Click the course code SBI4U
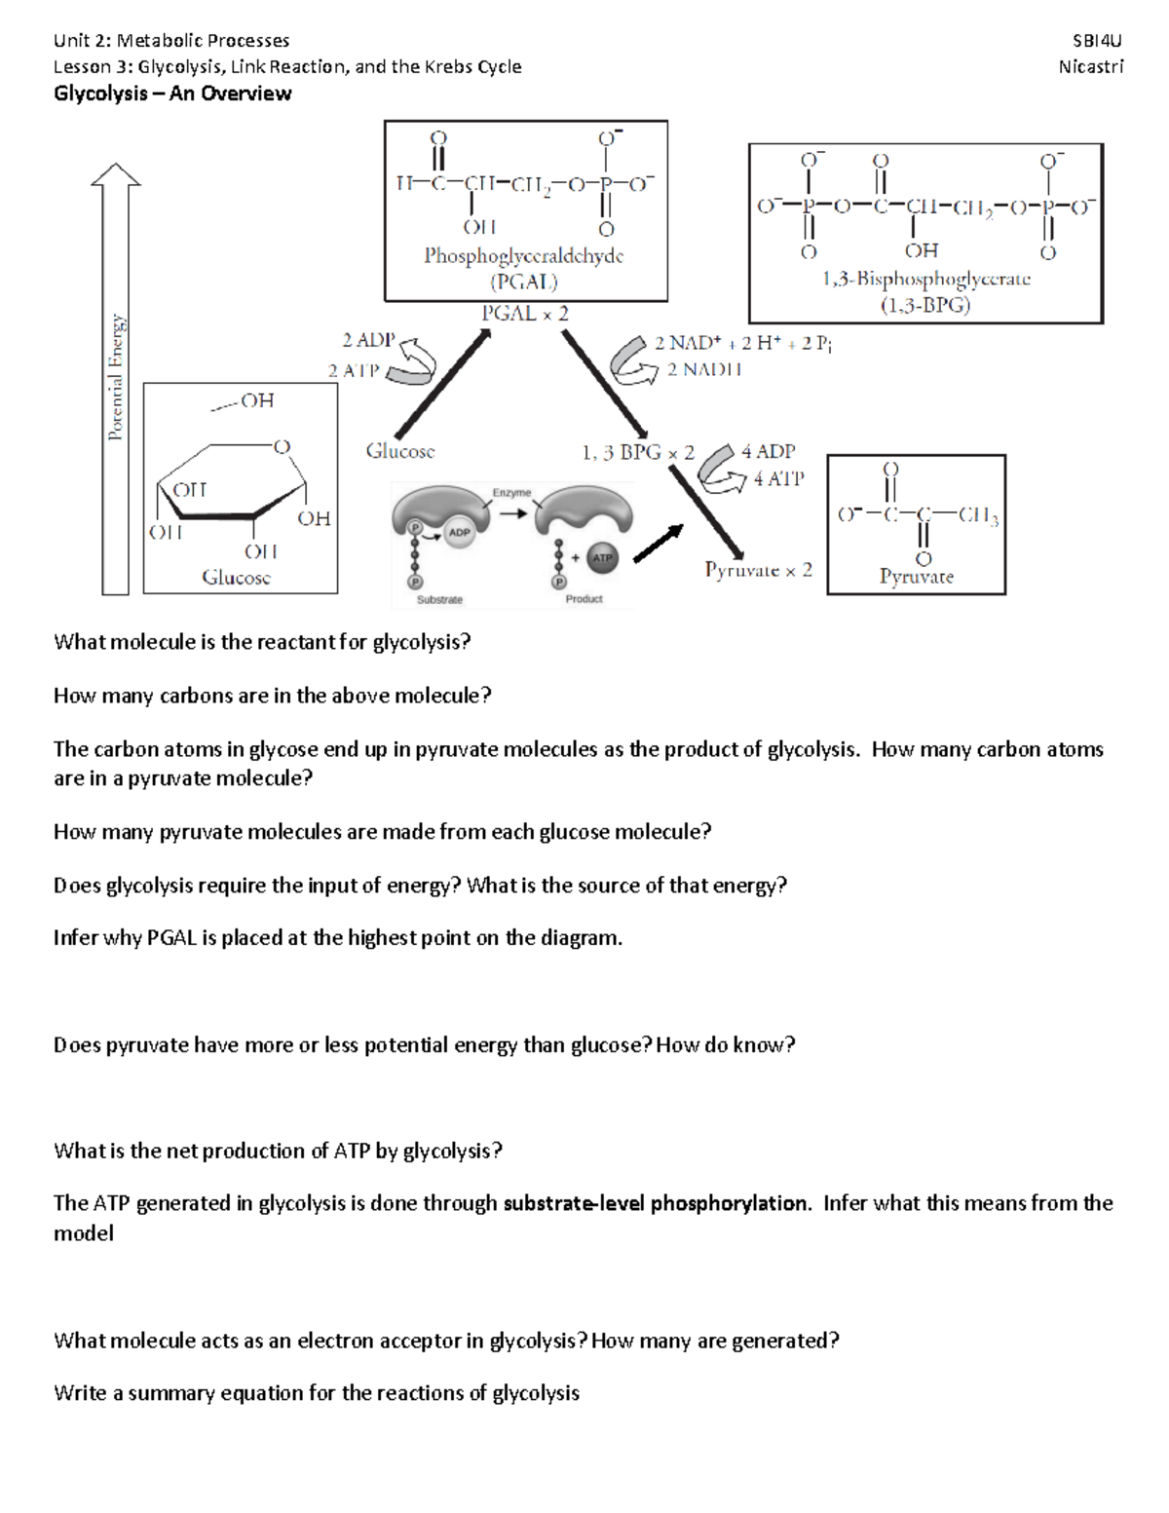click(1097, 41)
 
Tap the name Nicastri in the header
click(1090, 67)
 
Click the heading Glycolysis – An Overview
click(172, 94)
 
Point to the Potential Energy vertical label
click(117, 377)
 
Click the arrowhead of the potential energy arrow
click(115, 174)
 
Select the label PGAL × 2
click(525, 314)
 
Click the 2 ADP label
click(368, 340)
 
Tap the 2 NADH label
click(704, 370)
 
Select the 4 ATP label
click(778, 478)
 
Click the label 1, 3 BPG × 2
click(638, 452)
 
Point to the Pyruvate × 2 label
click(758, 570)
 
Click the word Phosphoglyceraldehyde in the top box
click(523, 256)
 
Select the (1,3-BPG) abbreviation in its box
click(925, 305)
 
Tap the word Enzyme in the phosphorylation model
click(511, 493)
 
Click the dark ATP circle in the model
click(603, 557)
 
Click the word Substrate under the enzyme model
click(439, 599)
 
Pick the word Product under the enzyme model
click(584, 599)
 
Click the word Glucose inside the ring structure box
click(237, 577)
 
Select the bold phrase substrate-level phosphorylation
click(656, 1203)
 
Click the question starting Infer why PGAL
click(337, 938)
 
